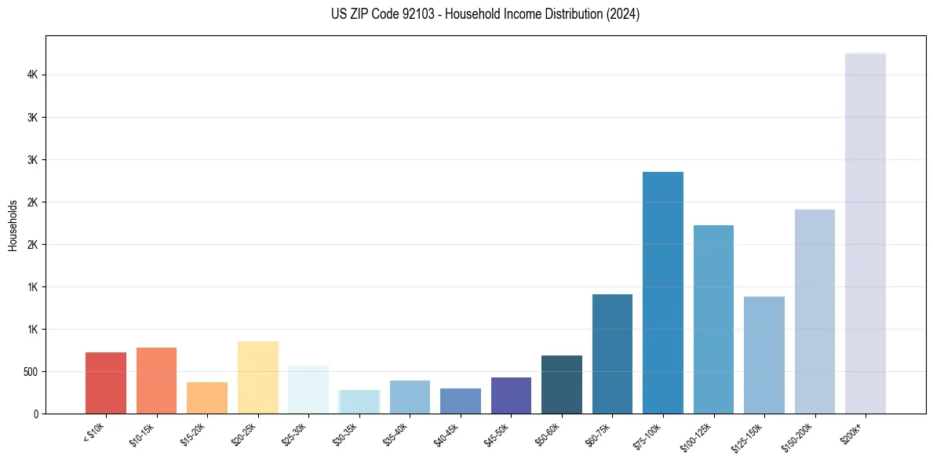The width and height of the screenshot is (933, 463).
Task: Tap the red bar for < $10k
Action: tap(106, 383)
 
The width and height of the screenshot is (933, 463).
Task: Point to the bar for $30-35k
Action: tap(359, 402)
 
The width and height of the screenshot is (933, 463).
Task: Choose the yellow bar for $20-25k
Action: tap(257, 377)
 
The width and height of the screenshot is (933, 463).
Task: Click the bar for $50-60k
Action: tap(561, 385)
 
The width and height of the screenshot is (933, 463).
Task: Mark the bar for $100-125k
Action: tap(713, 319)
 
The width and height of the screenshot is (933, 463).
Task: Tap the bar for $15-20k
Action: tap(207, 398)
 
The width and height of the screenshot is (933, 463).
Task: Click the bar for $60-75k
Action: tap(612, 354)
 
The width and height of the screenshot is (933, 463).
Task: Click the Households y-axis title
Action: tap(13, 225)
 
